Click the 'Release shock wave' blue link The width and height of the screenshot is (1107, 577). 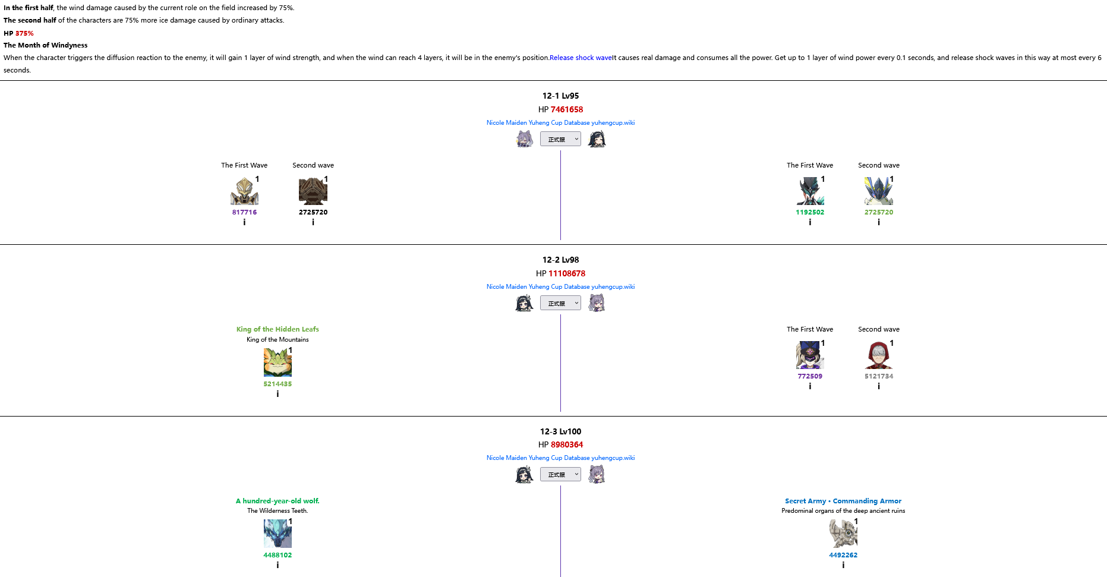tap(581, 58)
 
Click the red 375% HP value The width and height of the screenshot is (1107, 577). tap(24, 33)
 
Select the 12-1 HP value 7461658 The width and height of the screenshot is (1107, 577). tap(566, 109)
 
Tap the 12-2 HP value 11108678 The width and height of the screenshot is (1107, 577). tap(566, 273)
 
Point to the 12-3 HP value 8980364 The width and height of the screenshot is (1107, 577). tap(566, 444)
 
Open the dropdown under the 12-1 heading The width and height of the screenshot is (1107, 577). tap(560, 139)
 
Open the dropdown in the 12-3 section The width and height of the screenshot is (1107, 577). tap(560, 474)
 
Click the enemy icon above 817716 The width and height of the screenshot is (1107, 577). tap(244, 191)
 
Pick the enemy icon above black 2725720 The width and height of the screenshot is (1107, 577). tap(313, 191)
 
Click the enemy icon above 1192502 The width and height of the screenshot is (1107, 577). tap(809, 191)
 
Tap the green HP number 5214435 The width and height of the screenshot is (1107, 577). tap(277, 384)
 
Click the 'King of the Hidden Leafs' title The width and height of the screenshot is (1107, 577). tap(277, 329)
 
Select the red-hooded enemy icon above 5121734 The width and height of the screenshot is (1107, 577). tap(878, 355)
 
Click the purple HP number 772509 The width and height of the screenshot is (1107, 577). tap(809, 376)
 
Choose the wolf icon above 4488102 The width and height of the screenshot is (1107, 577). tap(277, 534)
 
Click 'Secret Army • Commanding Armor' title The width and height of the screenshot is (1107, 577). tap(843, 501)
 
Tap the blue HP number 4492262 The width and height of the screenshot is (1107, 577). tap(843, 555)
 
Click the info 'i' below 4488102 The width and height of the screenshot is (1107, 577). tap(277, 565)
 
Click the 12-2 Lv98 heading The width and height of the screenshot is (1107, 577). tap(560, 260)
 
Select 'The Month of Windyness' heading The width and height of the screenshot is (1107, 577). tap(45, 45)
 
